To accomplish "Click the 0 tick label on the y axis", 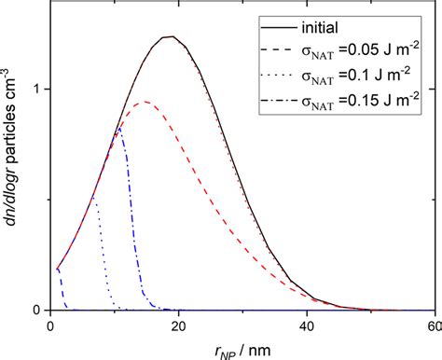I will pos(35,310).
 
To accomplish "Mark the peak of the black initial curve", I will pos(168,37).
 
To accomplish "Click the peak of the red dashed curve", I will pos(142,103).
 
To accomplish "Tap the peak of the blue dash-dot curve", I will pos(118,129).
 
